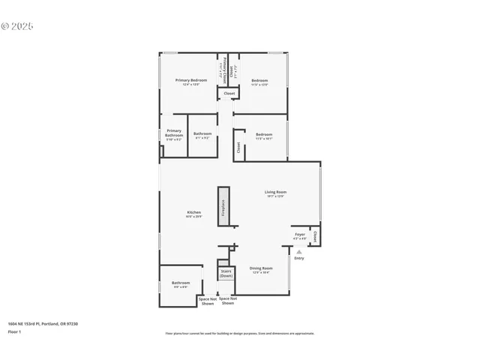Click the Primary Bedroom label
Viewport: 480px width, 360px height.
point(191,82)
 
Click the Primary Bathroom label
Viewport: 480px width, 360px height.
point(174,133)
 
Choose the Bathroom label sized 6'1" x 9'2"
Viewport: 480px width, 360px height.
point(203,135)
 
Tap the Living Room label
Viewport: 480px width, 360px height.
point(275,193)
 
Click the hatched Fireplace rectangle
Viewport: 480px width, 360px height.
point(223,206)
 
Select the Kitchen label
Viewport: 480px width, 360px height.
point(194,214)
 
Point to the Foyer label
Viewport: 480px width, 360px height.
point(299,236)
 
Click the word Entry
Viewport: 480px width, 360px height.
point(299,259)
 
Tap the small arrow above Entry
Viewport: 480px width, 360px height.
point(299,251)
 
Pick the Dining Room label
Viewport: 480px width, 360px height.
point(261,269)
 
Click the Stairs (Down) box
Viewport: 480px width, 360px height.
point(226,274)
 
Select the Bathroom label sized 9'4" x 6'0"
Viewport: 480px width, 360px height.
point(180,284)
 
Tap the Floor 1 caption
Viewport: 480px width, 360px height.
point(14,331)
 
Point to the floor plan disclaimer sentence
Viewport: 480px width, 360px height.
point(239,334)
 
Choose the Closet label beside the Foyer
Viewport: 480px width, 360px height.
point(315,236)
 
